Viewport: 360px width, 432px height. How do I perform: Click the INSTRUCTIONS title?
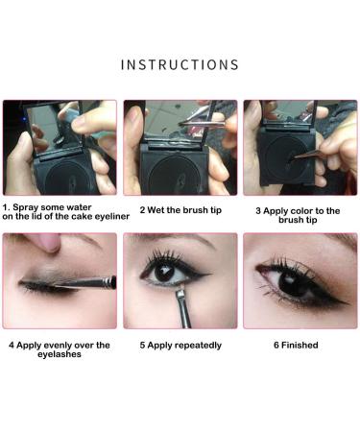(180, 65)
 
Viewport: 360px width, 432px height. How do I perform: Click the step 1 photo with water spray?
(60, 147)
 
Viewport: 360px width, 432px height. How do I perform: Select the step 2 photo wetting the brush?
(180, 147)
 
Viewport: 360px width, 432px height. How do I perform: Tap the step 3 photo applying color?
(300, 147)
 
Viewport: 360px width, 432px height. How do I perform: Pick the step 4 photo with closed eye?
(60, 281)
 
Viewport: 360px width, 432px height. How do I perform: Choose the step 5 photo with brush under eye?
(180, 281)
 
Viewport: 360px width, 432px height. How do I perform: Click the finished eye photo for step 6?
(300, 281)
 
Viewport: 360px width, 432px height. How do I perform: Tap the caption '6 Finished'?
(299, 345)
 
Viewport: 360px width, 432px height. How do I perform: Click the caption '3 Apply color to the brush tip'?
(300, 213)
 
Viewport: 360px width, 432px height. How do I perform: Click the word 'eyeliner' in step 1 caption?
(93, 217)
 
